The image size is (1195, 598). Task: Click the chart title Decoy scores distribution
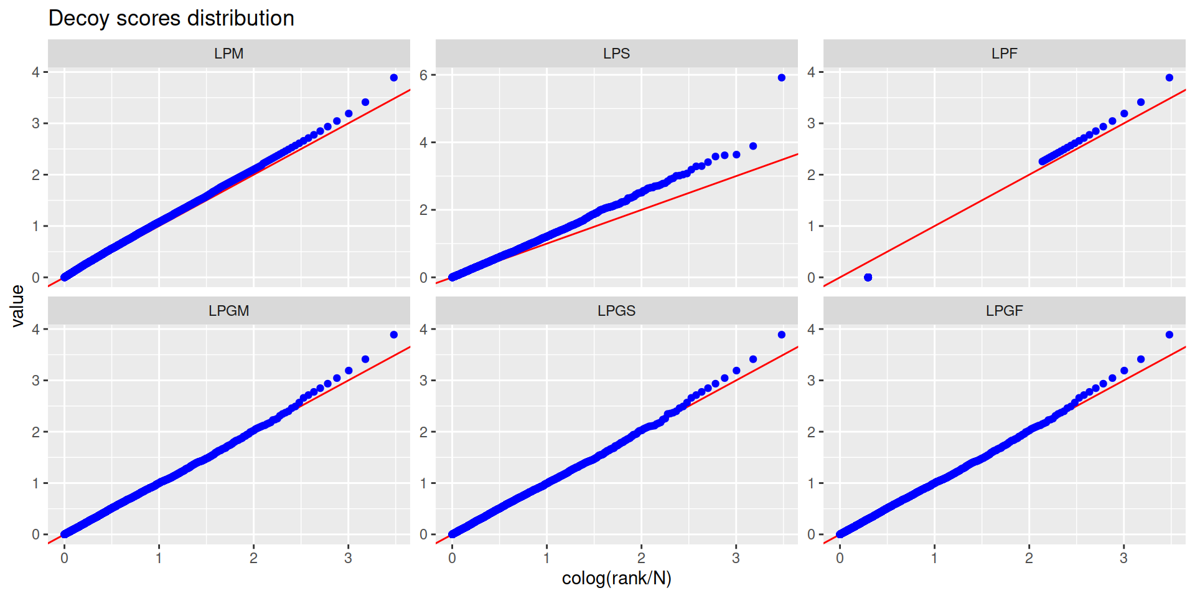tap(171, 19)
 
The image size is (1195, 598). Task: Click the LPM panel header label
tap(228, 54)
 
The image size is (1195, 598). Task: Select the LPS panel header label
tap(616, 54)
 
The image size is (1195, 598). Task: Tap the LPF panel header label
tap(1004, 54)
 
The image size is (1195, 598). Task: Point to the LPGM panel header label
tap(228, 311)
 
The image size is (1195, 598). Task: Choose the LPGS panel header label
tap(616, 311)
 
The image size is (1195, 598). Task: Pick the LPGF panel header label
tap(1004, 311)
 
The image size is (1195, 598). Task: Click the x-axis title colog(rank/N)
tap(616, 579)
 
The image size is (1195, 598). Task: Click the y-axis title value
tap(17, 306)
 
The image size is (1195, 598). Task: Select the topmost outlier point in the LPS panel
tap(781, 78)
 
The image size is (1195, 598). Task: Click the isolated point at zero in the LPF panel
tap(868, 277)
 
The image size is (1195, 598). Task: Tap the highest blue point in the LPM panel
tap(393, 78)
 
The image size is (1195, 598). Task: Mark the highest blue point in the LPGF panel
tap(1169, 335)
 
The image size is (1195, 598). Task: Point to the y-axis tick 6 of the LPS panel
tap(424, 75)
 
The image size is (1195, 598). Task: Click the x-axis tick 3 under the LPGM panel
tap(348, 558)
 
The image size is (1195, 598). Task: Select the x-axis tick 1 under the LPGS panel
tap(546, 558)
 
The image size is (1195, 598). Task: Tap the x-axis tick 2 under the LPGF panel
tap(1029, 558)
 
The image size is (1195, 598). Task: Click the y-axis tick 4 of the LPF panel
tap(811, 72)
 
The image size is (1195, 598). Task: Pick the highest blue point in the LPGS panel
tap(781, 335)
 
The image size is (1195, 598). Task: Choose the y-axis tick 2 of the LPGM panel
tap(36, 432)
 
